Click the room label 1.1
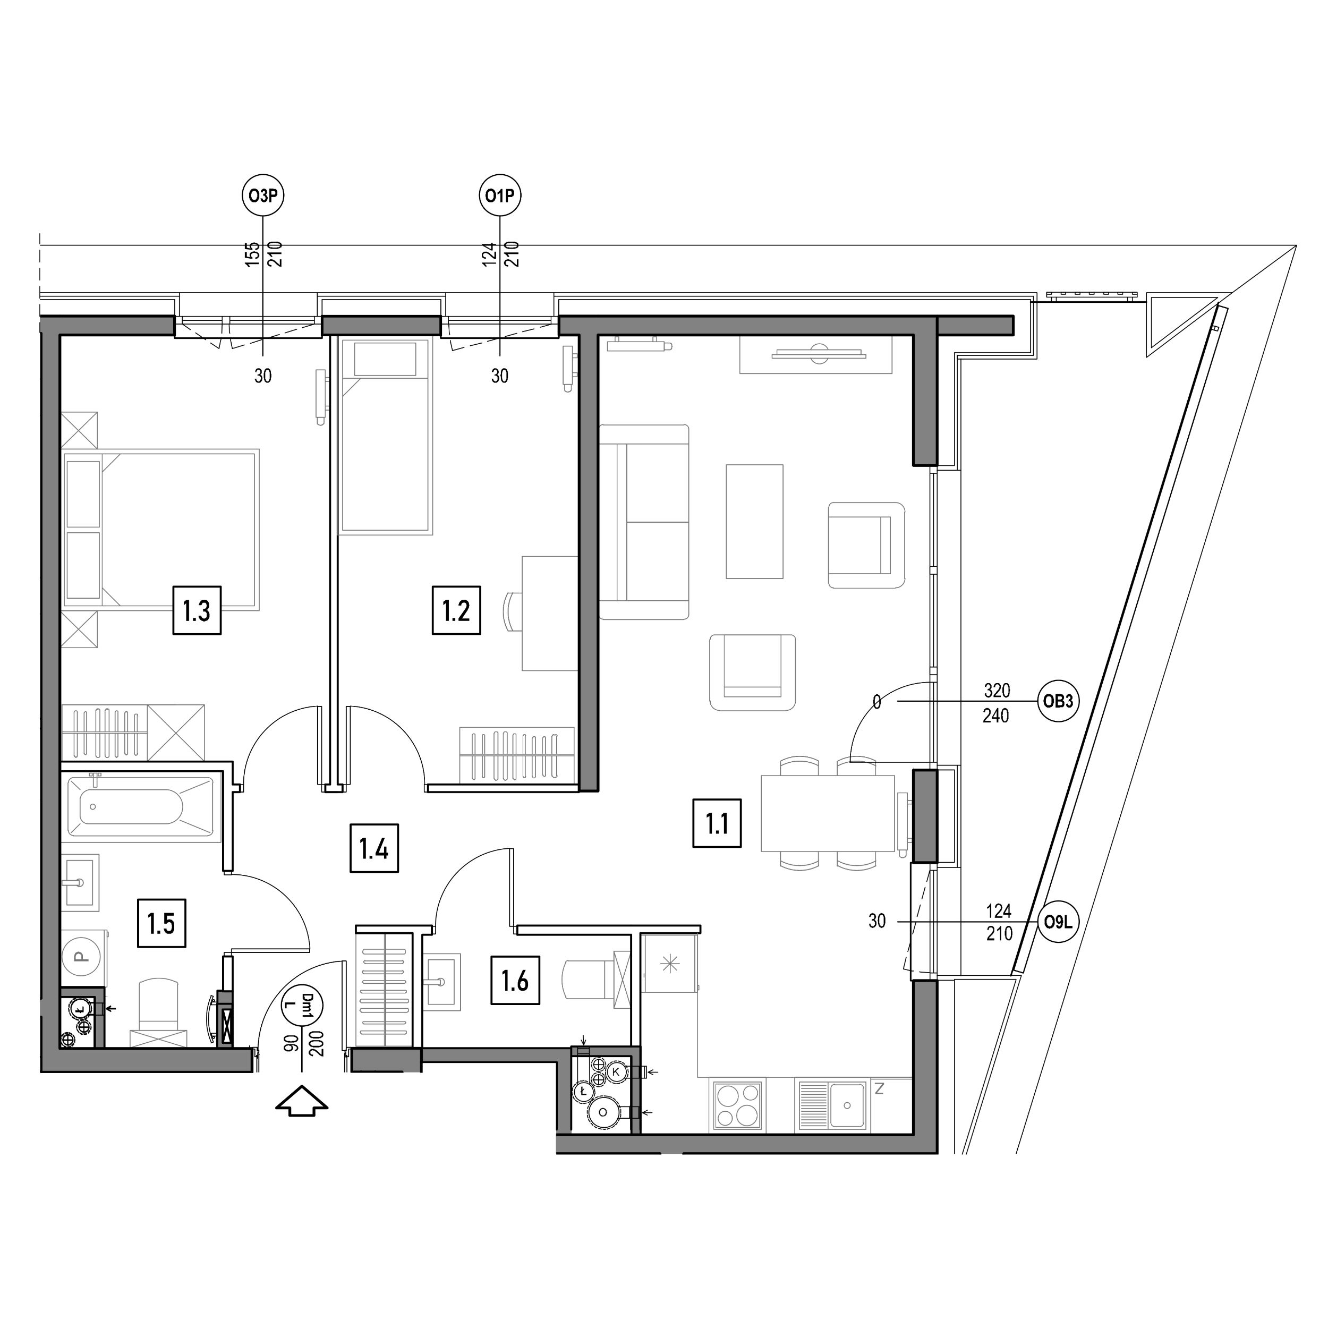coord(717,823)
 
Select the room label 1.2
coord(456,610)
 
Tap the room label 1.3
coord(197,610)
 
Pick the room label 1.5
coord(161,923)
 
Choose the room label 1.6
coord(515,981)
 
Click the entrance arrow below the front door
coord(302,1101)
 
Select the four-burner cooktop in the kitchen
coord(739,1104)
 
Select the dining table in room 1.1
coord(828,813)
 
